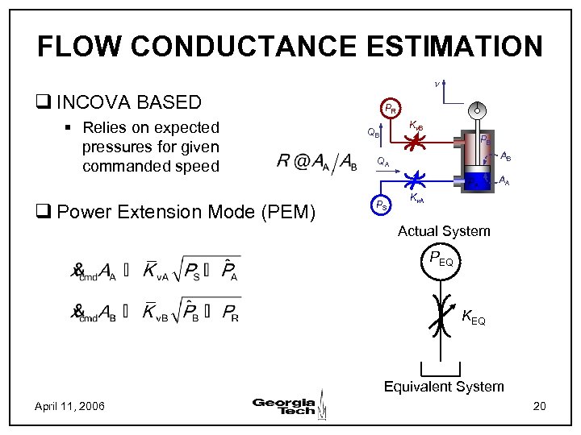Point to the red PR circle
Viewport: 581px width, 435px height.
390,108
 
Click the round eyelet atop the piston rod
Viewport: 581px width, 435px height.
479,108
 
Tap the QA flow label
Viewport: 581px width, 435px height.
384,162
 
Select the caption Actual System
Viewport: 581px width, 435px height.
444,231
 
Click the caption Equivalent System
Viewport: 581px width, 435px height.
444,387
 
